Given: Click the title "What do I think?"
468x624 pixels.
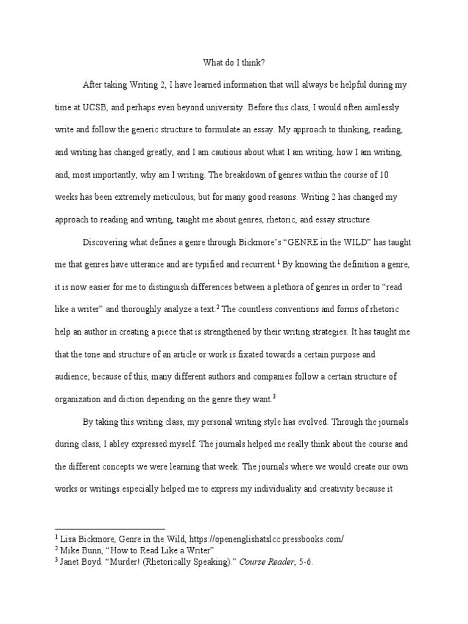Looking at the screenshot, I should click(233, 62).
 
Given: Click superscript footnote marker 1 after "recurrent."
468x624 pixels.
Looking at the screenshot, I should click(278, 262).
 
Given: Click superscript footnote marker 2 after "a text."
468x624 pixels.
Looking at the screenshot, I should click(218, 306).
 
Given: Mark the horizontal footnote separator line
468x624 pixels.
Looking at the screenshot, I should click(110, 528).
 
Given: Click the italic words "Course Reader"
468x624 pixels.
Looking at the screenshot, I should click(259, 562).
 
